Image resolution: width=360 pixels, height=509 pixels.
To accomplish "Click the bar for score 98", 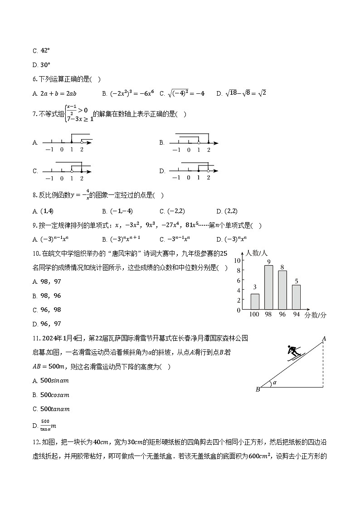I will [x=268, y=287].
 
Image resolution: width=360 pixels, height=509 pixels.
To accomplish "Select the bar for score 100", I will [x=255, y=301].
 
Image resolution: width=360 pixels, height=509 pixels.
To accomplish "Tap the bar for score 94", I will [x=296, y=297].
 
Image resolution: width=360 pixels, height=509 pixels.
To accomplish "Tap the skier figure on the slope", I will [x=294, y=351].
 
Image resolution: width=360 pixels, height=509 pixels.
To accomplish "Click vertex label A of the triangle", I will [x=324, y=338].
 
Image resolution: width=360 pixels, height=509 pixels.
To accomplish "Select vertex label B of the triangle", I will [x=258, y=389].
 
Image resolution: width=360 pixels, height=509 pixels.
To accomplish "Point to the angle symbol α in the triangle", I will [x=274, y=383].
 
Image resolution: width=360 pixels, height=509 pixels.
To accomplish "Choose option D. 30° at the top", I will [x=41, y=65].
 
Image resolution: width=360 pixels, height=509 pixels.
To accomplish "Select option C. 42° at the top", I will [x=41, y=51].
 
